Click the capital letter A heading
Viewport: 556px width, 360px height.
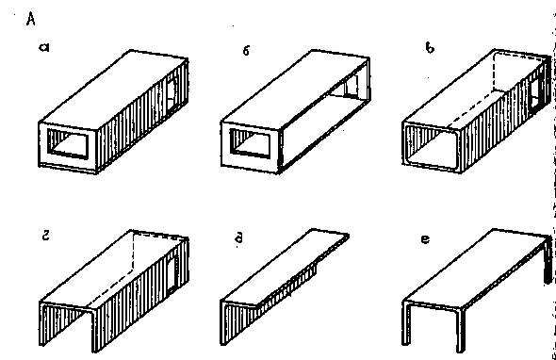pyautogui.click(x=31, y=19)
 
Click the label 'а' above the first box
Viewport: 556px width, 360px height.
pyautogui.click(x=44, y=47)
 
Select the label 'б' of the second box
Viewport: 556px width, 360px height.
pyautogui.click(x=247, y=51)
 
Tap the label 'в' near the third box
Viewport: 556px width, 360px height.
pyautogui.click(x=430, y=47)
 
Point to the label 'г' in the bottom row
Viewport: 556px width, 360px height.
pyautogui.click(x=46, y=236)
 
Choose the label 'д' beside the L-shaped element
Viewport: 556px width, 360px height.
pyautogui.click(x=239, y=237)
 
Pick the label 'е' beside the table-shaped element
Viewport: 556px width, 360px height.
pyautogui.click(x=426, y=239)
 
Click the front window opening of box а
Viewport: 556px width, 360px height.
pyautogui.click(x=67, y=143)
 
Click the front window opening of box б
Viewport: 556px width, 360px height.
pyautogui.click(x=250, y=143)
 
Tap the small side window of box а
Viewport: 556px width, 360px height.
pyautogui.click(x=172, y=93)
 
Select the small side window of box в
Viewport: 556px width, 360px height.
pyautogui.click(x=534, y=93)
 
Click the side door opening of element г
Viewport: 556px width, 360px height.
pyautogui.click(x=172, y=271)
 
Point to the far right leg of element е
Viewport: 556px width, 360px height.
pyautogui.click(x=548, y=261)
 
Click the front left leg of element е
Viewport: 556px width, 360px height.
pyautogui.click(x=406, y=322)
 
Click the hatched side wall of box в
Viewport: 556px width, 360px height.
pyautogui.click(x=503, y=117)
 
